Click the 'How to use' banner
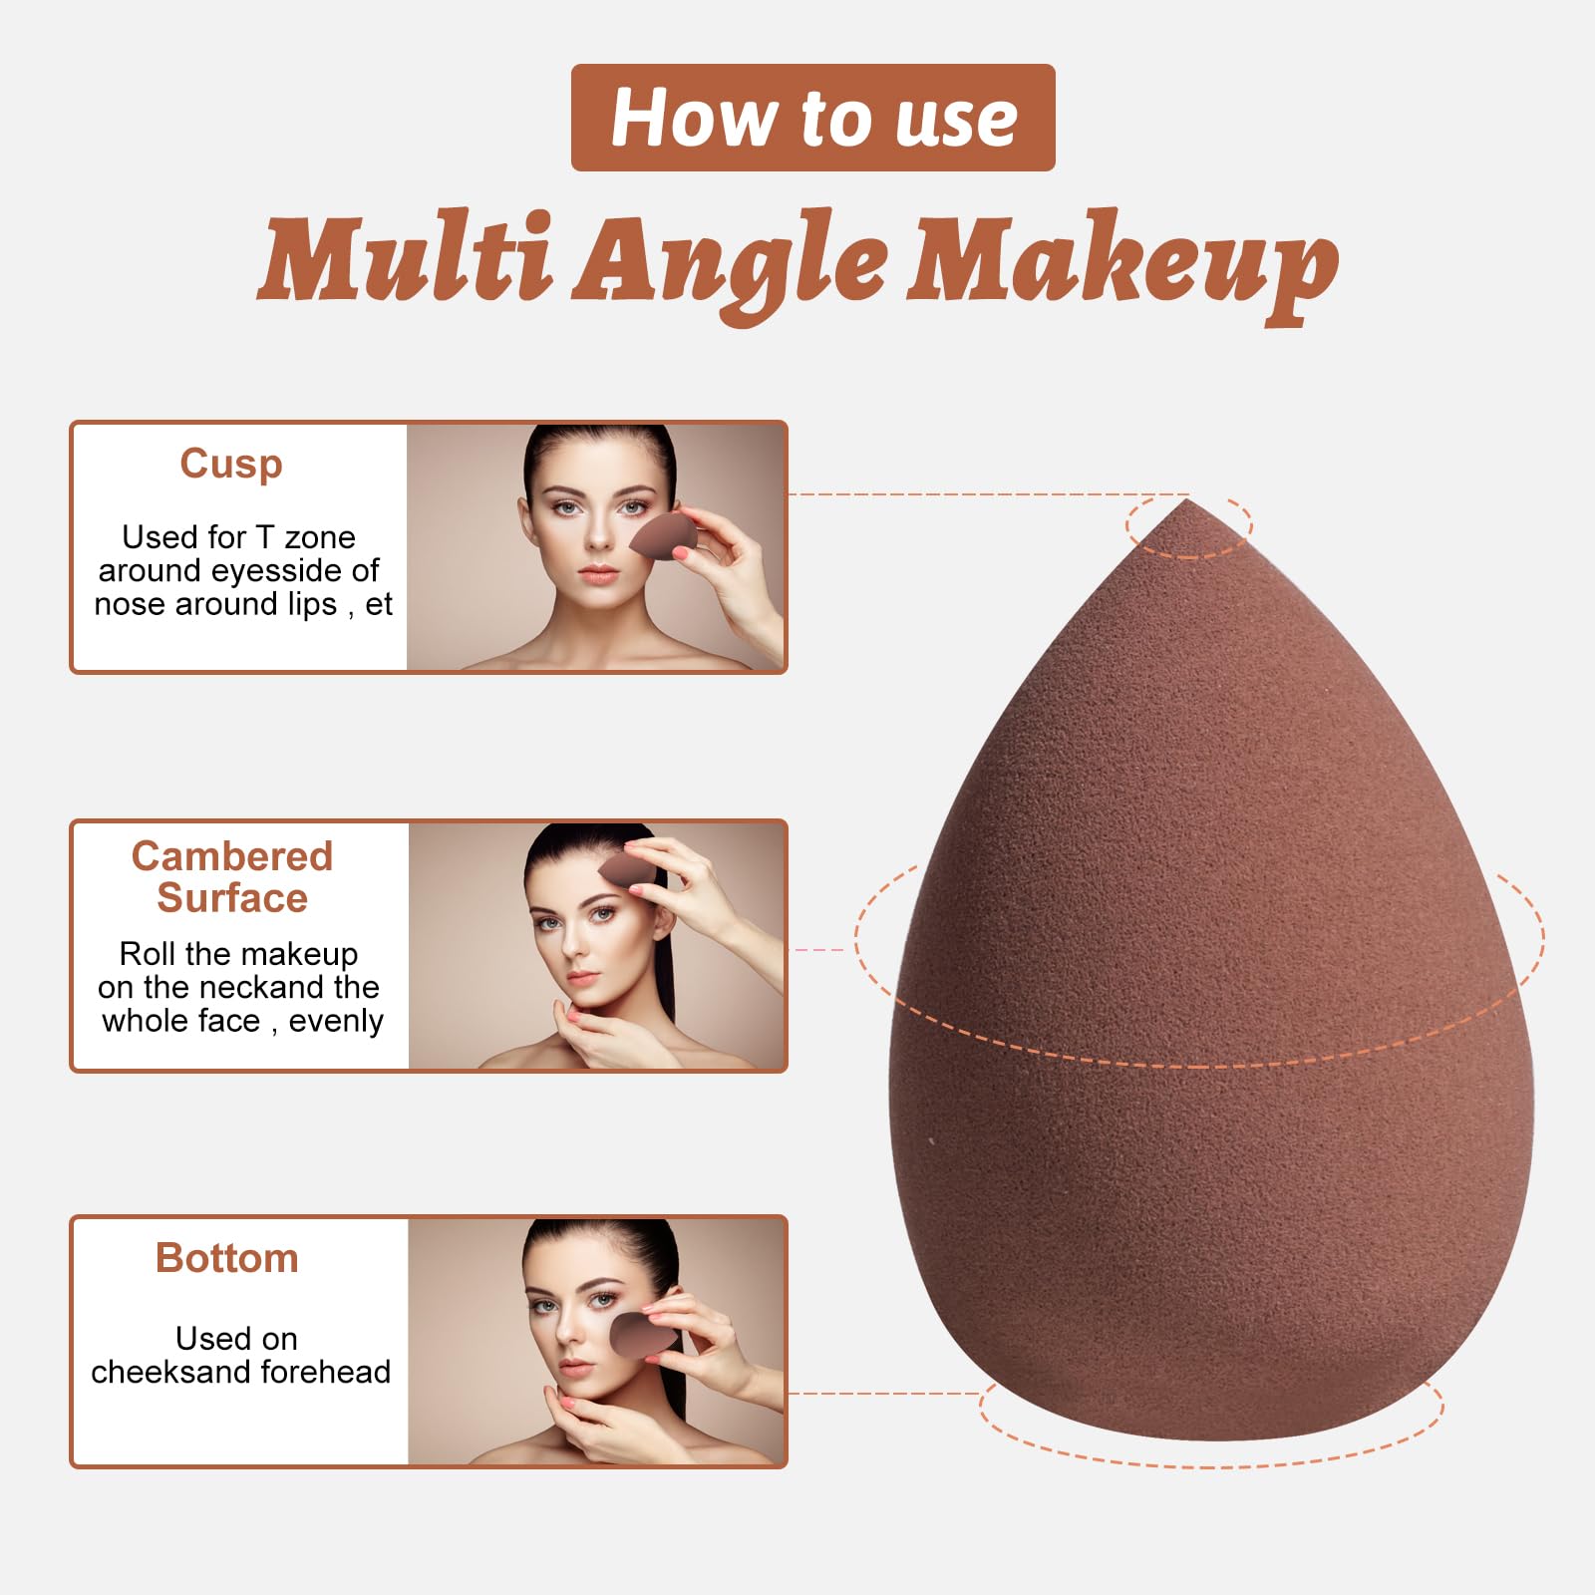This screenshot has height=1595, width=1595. (812, 118)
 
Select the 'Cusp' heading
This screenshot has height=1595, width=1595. (231, 465)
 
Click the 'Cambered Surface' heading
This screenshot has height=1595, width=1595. (232, 877)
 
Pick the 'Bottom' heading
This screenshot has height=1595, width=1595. (227, 1259)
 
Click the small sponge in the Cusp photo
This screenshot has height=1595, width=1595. (662, 535)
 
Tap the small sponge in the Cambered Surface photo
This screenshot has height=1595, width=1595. (626, 869)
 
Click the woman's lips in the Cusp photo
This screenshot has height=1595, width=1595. (598, 575)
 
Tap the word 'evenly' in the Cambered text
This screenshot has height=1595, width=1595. (336, 1021)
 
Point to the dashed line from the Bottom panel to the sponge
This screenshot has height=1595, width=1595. (887, 1393)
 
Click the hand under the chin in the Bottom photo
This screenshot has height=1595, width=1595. (598, 1426)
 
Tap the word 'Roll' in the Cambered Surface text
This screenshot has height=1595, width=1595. (148, 954)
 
